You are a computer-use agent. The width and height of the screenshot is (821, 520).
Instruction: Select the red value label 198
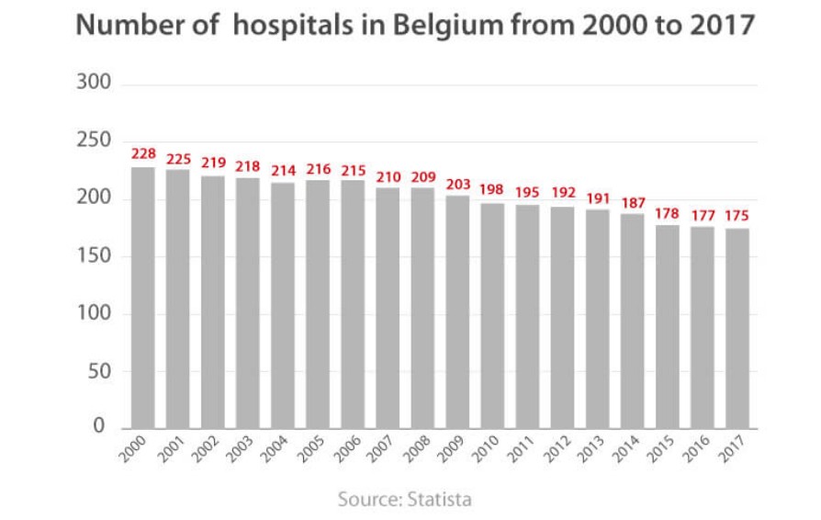(x=493, y=190)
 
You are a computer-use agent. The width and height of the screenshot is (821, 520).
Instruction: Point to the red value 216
(x=319, y=168)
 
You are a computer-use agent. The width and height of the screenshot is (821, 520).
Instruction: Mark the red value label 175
(x=737, y=216)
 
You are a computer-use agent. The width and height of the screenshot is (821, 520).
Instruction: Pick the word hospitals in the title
(x=288, y=26)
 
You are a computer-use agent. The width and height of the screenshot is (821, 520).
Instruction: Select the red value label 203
(x=458, y=185)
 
